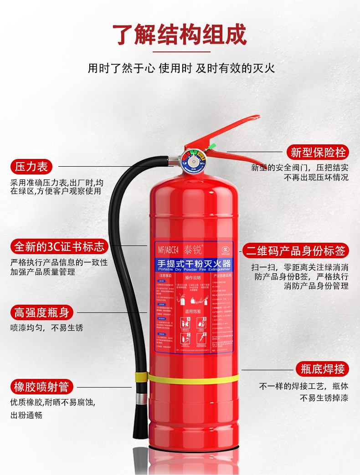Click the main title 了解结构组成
click(180, 35)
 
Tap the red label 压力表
click(31, 167)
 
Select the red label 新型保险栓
click(318, 152)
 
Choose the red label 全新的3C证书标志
click(60, 247)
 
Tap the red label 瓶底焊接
click(323, 368)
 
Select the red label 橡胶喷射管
click(41, 387)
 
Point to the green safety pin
click(211, 147)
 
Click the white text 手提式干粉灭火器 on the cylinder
click(194, 264)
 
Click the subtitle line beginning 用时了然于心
click(181, 69)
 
